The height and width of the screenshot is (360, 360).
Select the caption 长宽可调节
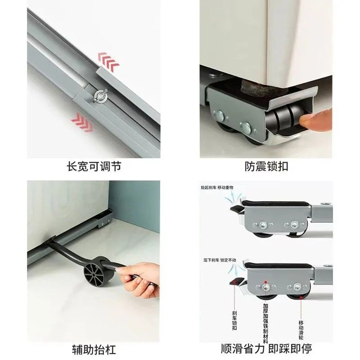[x=94, y=166]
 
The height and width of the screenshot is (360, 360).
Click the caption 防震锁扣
[x=266, y=166]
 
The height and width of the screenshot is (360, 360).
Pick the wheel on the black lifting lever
[x=96, y=272]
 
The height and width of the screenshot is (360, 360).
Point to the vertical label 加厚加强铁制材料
[x=266, y=321]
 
